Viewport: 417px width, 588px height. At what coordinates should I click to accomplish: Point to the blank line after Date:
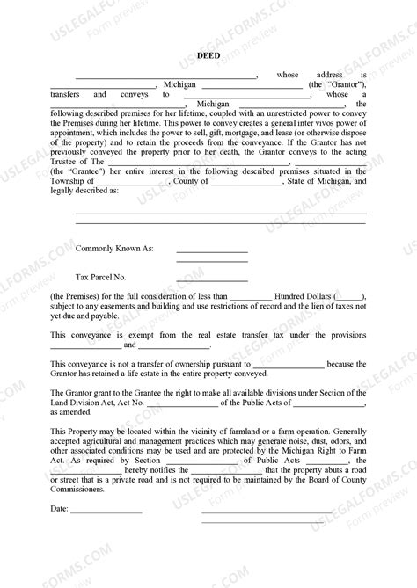[106, 536]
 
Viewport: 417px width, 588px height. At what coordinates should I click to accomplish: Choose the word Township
[71, 181]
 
